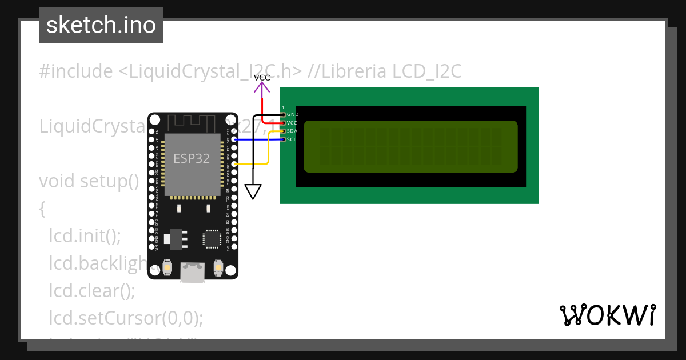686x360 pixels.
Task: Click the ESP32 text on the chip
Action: (192, 158)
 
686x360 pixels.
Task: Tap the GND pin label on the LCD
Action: (292, 114)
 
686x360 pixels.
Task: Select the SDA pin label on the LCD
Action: (292, 131)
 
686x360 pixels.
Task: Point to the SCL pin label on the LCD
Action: (292, 139)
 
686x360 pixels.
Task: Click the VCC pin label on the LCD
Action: (292, 123)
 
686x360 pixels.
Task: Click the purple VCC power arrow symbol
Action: (262, 87)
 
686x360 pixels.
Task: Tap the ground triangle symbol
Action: (253, 191)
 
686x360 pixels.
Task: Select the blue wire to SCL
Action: (257, 139)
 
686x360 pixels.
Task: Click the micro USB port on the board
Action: (193, 273)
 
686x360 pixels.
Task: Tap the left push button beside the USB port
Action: (167, 267)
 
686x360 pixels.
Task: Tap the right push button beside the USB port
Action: (218, 267)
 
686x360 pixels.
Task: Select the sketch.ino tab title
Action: (101, 25)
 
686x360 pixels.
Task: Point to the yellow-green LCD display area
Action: (410, 146)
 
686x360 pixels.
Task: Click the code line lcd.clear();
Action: (92, 290)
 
